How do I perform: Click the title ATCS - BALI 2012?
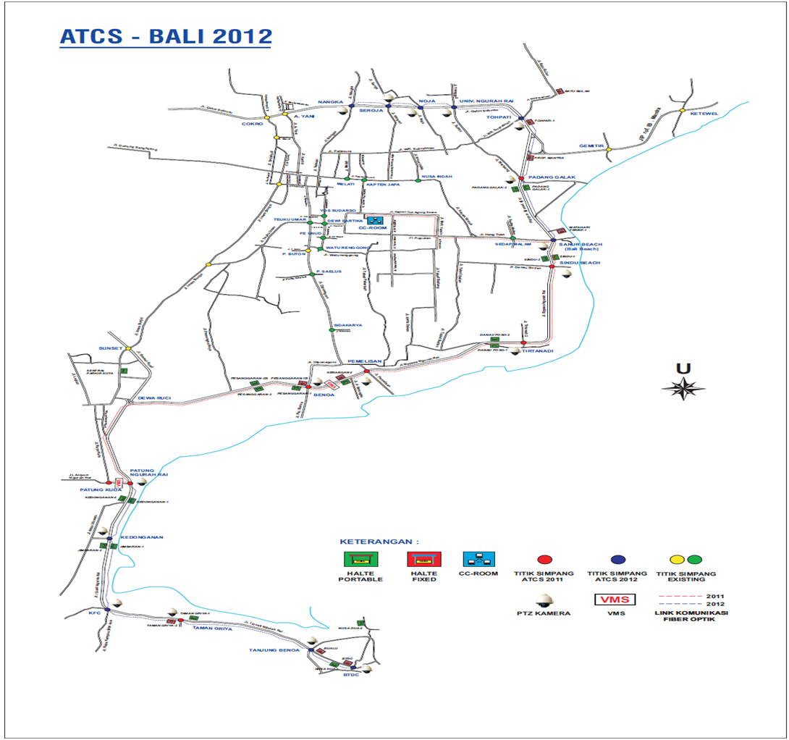[x=166, y=36]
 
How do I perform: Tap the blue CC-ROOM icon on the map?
[x=374, y=219]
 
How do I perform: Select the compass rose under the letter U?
[x=683, y=389]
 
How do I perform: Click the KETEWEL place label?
[x=704, y=114]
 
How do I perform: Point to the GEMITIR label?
[x=591, y=146]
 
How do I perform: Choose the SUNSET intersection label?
[x=111, y=348]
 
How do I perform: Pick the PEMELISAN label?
[x=364, y=361]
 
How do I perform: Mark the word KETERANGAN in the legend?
[x=380, y=541]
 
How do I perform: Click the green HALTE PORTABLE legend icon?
[x=360, y=559]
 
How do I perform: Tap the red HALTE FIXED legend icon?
[x=421, y=559]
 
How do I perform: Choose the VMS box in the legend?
[x=615, y=600]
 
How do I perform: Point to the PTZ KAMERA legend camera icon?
[x=544, y=600]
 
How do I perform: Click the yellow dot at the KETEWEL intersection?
[x=681, y=110]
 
